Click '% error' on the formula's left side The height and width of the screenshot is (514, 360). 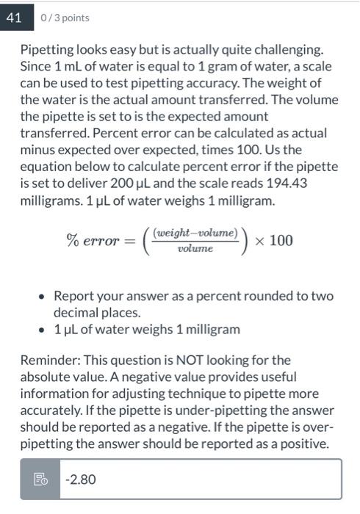tap(93, 241)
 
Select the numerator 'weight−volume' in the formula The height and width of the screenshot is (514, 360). tap(195, 233)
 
